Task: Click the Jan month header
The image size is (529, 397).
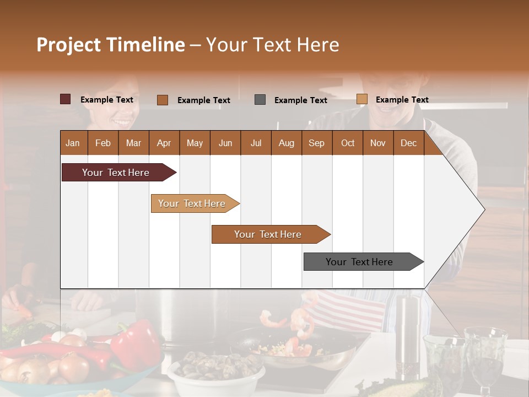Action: click(x=73, y=143)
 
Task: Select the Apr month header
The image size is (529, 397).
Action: click(x=164, y=143)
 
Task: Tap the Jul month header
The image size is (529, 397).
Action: click(x=256, y=143)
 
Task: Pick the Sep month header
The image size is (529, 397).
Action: click(x=316, y=143)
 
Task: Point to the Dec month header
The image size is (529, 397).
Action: click(x=408, y=143)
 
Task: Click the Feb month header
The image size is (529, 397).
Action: click(x=103, y=143)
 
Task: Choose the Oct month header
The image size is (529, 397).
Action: click(x=348, y=143)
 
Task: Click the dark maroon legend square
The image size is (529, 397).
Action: click(x=66, y=99)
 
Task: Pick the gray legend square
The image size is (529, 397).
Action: click(x=260, y=100)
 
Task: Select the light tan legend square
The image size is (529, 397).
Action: click(x=361, y=99)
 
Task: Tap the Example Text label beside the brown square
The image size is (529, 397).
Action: click(x=203, y=100)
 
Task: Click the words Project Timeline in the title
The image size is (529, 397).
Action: click(x=110, y=45)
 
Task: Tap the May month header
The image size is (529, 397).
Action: click(x=195, y=143)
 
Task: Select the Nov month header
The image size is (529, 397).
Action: click(x=377, y=143)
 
